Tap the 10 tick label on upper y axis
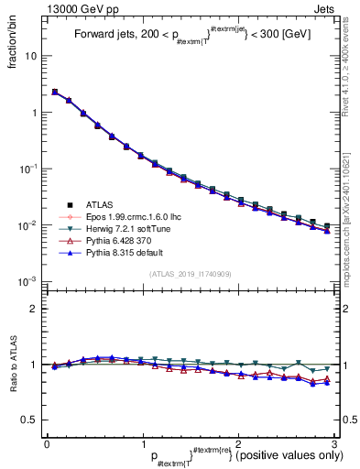(x=30, y=56)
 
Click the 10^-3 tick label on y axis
(x=28, y=281)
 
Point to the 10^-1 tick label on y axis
(x=28, y=169)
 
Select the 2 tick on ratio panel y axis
(x=34, y=309)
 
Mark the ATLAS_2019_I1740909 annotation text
(x=190, y=274)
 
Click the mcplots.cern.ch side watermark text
(x=350, y=220)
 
